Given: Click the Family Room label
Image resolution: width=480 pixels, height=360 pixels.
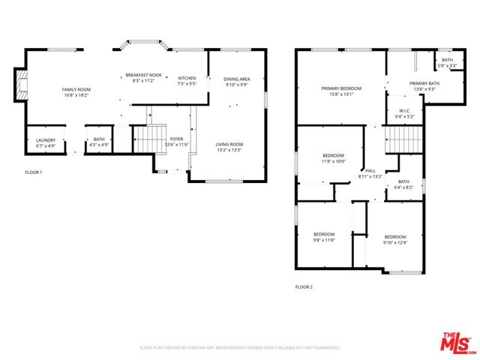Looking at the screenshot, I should coord(76,92).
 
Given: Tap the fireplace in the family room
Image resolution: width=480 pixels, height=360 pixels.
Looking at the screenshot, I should coord(21,85).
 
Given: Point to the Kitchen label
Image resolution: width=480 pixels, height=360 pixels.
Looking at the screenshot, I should coord(187,81).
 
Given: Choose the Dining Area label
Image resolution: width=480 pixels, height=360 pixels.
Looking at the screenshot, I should coord(236,82).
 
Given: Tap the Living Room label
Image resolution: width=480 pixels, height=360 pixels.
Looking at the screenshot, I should coord(229,147).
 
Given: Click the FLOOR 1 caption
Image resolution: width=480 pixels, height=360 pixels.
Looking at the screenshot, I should coord(34,172).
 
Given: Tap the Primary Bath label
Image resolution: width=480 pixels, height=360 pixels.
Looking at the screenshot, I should coord(423,86).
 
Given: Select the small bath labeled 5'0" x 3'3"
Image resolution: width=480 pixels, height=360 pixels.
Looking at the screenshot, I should coord(447,63).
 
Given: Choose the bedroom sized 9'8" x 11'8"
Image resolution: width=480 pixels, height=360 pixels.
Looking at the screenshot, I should coord(324,237).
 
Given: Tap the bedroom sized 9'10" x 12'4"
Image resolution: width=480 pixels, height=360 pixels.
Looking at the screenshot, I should coord(394,239).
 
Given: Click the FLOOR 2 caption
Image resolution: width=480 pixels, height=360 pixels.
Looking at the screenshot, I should coord(304,287).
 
